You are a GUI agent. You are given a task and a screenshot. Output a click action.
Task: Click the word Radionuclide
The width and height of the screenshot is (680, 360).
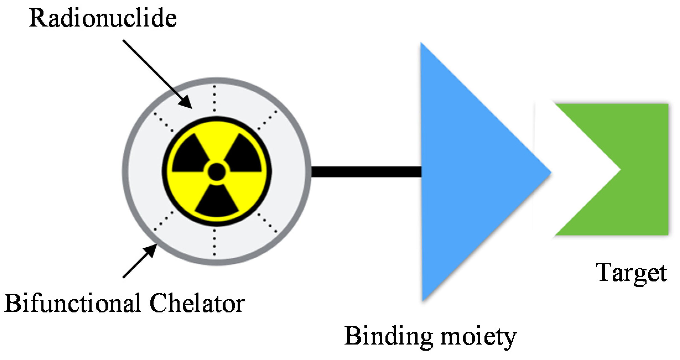[103, 18]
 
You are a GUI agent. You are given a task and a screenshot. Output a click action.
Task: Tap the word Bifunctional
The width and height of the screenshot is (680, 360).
[72, 303]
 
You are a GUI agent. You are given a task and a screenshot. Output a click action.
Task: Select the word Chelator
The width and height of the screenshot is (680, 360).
[197, 303]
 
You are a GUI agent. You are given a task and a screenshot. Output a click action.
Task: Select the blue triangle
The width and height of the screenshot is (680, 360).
[465, 171]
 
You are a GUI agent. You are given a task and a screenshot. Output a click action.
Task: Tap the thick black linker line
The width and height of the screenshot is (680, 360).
[366, 171]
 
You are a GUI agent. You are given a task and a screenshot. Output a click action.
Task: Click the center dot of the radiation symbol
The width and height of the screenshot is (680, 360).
[217, 171]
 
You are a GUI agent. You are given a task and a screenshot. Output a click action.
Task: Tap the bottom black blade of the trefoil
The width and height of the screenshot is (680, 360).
[217, 202]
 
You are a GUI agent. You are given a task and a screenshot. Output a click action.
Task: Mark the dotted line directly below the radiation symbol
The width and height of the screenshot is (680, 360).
[215, 242]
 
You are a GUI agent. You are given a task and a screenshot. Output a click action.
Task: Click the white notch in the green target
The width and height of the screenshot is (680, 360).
[586, 169]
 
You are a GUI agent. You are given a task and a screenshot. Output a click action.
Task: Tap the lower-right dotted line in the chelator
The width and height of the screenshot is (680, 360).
[267, 223]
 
